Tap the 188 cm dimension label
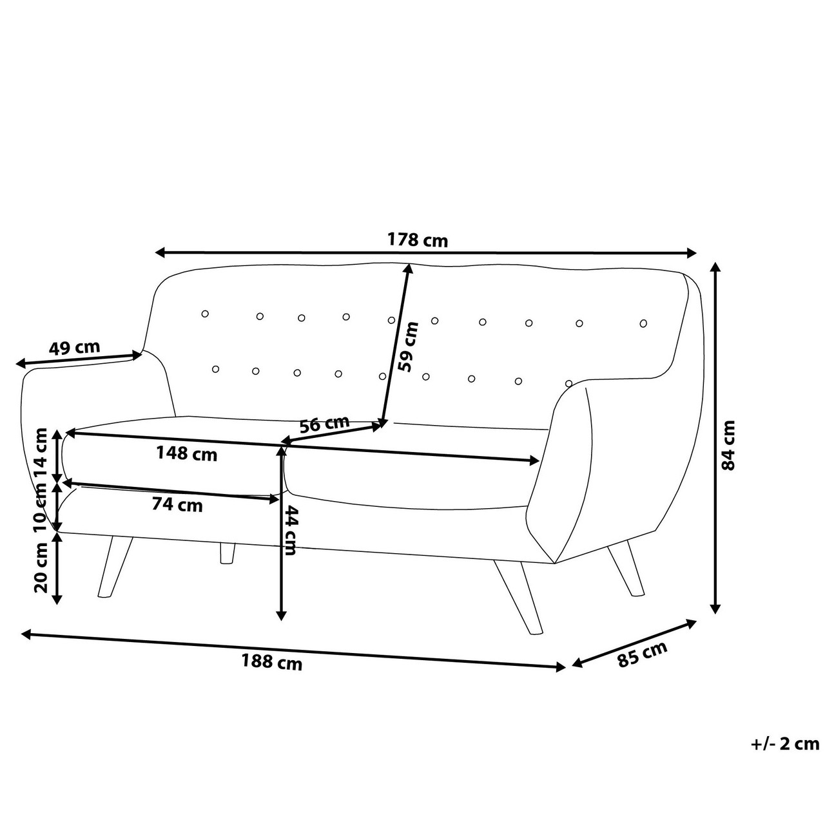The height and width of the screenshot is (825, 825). pyautogui.click(x=272, y=662)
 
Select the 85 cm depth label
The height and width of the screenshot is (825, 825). pyautogui.click(x=643, y=654)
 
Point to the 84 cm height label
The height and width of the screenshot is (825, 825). pyautogui.click(x=728, y=445)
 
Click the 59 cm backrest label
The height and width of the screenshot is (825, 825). pyautogui.click(x=407, y=346)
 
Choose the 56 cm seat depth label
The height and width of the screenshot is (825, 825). pyautogui.click(x=324, y=424)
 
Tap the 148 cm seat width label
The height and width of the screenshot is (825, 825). pyautogui.click(x=186, y=453)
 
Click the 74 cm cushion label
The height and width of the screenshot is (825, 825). pyautogui.click(x=177, y=504)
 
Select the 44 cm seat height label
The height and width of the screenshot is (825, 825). pyautogui.click(x=290, y=531)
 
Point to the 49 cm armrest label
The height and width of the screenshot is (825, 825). pyautogui.click(x=74, y=347)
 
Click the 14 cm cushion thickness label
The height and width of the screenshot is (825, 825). pyautogui.click(x=41, y=453)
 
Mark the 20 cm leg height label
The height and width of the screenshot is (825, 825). pyautogui.click(x=41, y=567)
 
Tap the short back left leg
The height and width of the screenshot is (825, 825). pyautogui.click(x=228, y=553)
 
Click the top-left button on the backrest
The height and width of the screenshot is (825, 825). pyautogui.click(x=205, y=314)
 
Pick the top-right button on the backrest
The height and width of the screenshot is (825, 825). pyautogui.click(x=643, y=324)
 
